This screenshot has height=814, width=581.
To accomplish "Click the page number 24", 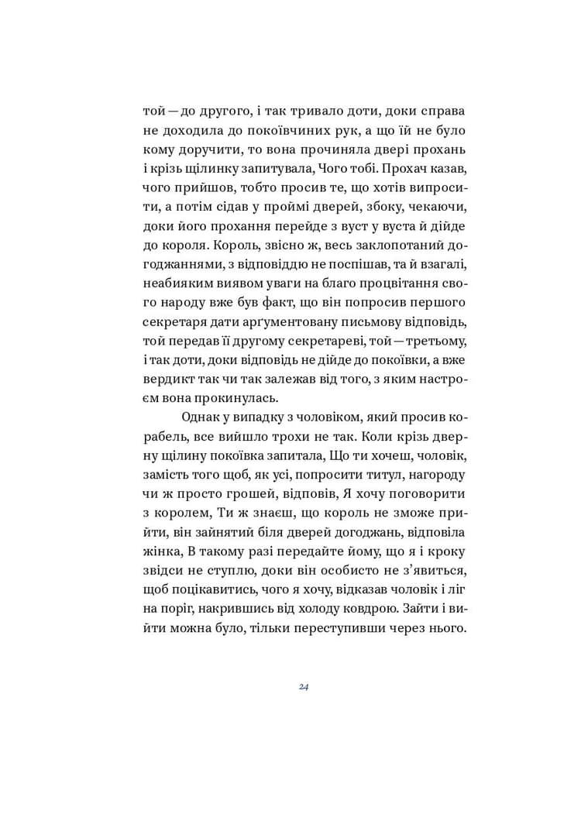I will [x=304, y=687].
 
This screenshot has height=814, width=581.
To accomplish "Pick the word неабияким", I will [x=177, y=283].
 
